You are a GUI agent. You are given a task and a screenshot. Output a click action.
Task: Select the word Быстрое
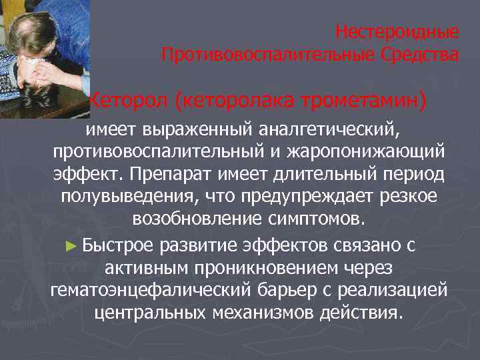pyautogui.click(x=120, y=244)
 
